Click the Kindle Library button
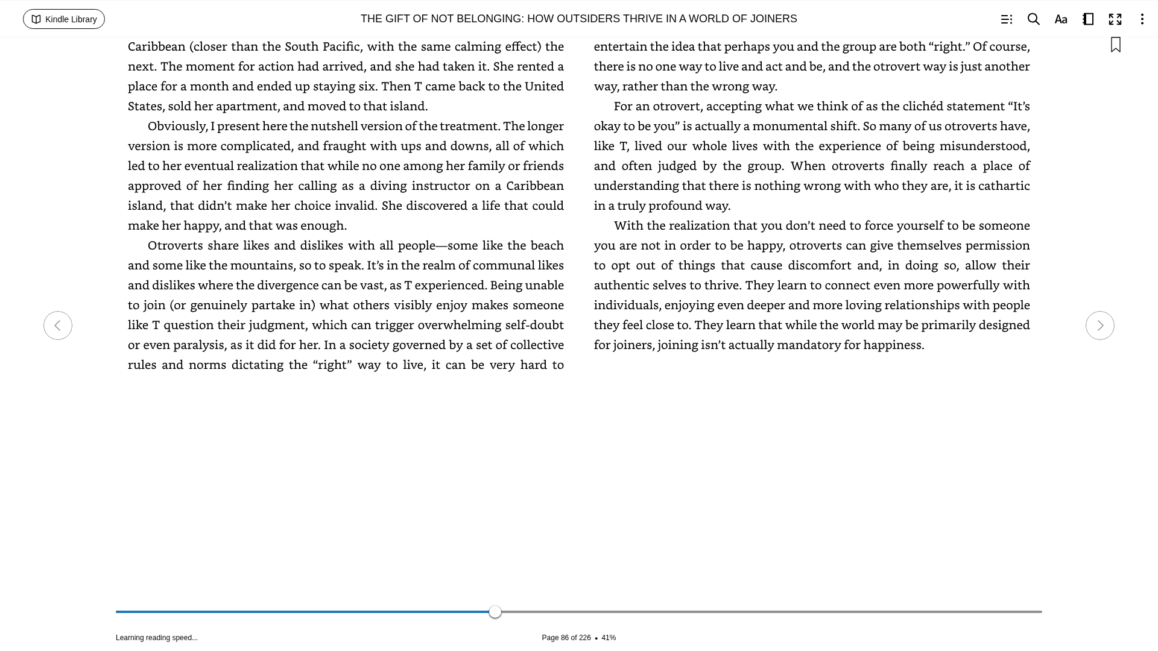pos(64,19)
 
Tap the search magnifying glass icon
pos(1033,19)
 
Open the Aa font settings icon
pos(1061,19)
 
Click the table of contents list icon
pos(1006,19)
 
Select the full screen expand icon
pos(1115,19)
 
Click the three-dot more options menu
pos(1142,19)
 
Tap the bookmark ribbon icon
pos(1116,45)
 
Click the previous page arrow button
pos(58,325)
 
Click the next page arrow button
pos(1099,325)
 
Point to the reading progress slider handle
pos(495,612)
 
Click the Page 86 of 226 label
pos(566,638)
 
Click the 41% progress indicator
pos(609,638)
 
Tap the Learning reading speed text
pos(157,638)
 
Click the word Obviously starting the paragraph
pos(177,126)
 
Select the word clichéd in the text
pos(922,106)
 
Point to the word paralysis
pos(198,345)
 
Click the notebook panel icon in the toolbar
pos(1088,19)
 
